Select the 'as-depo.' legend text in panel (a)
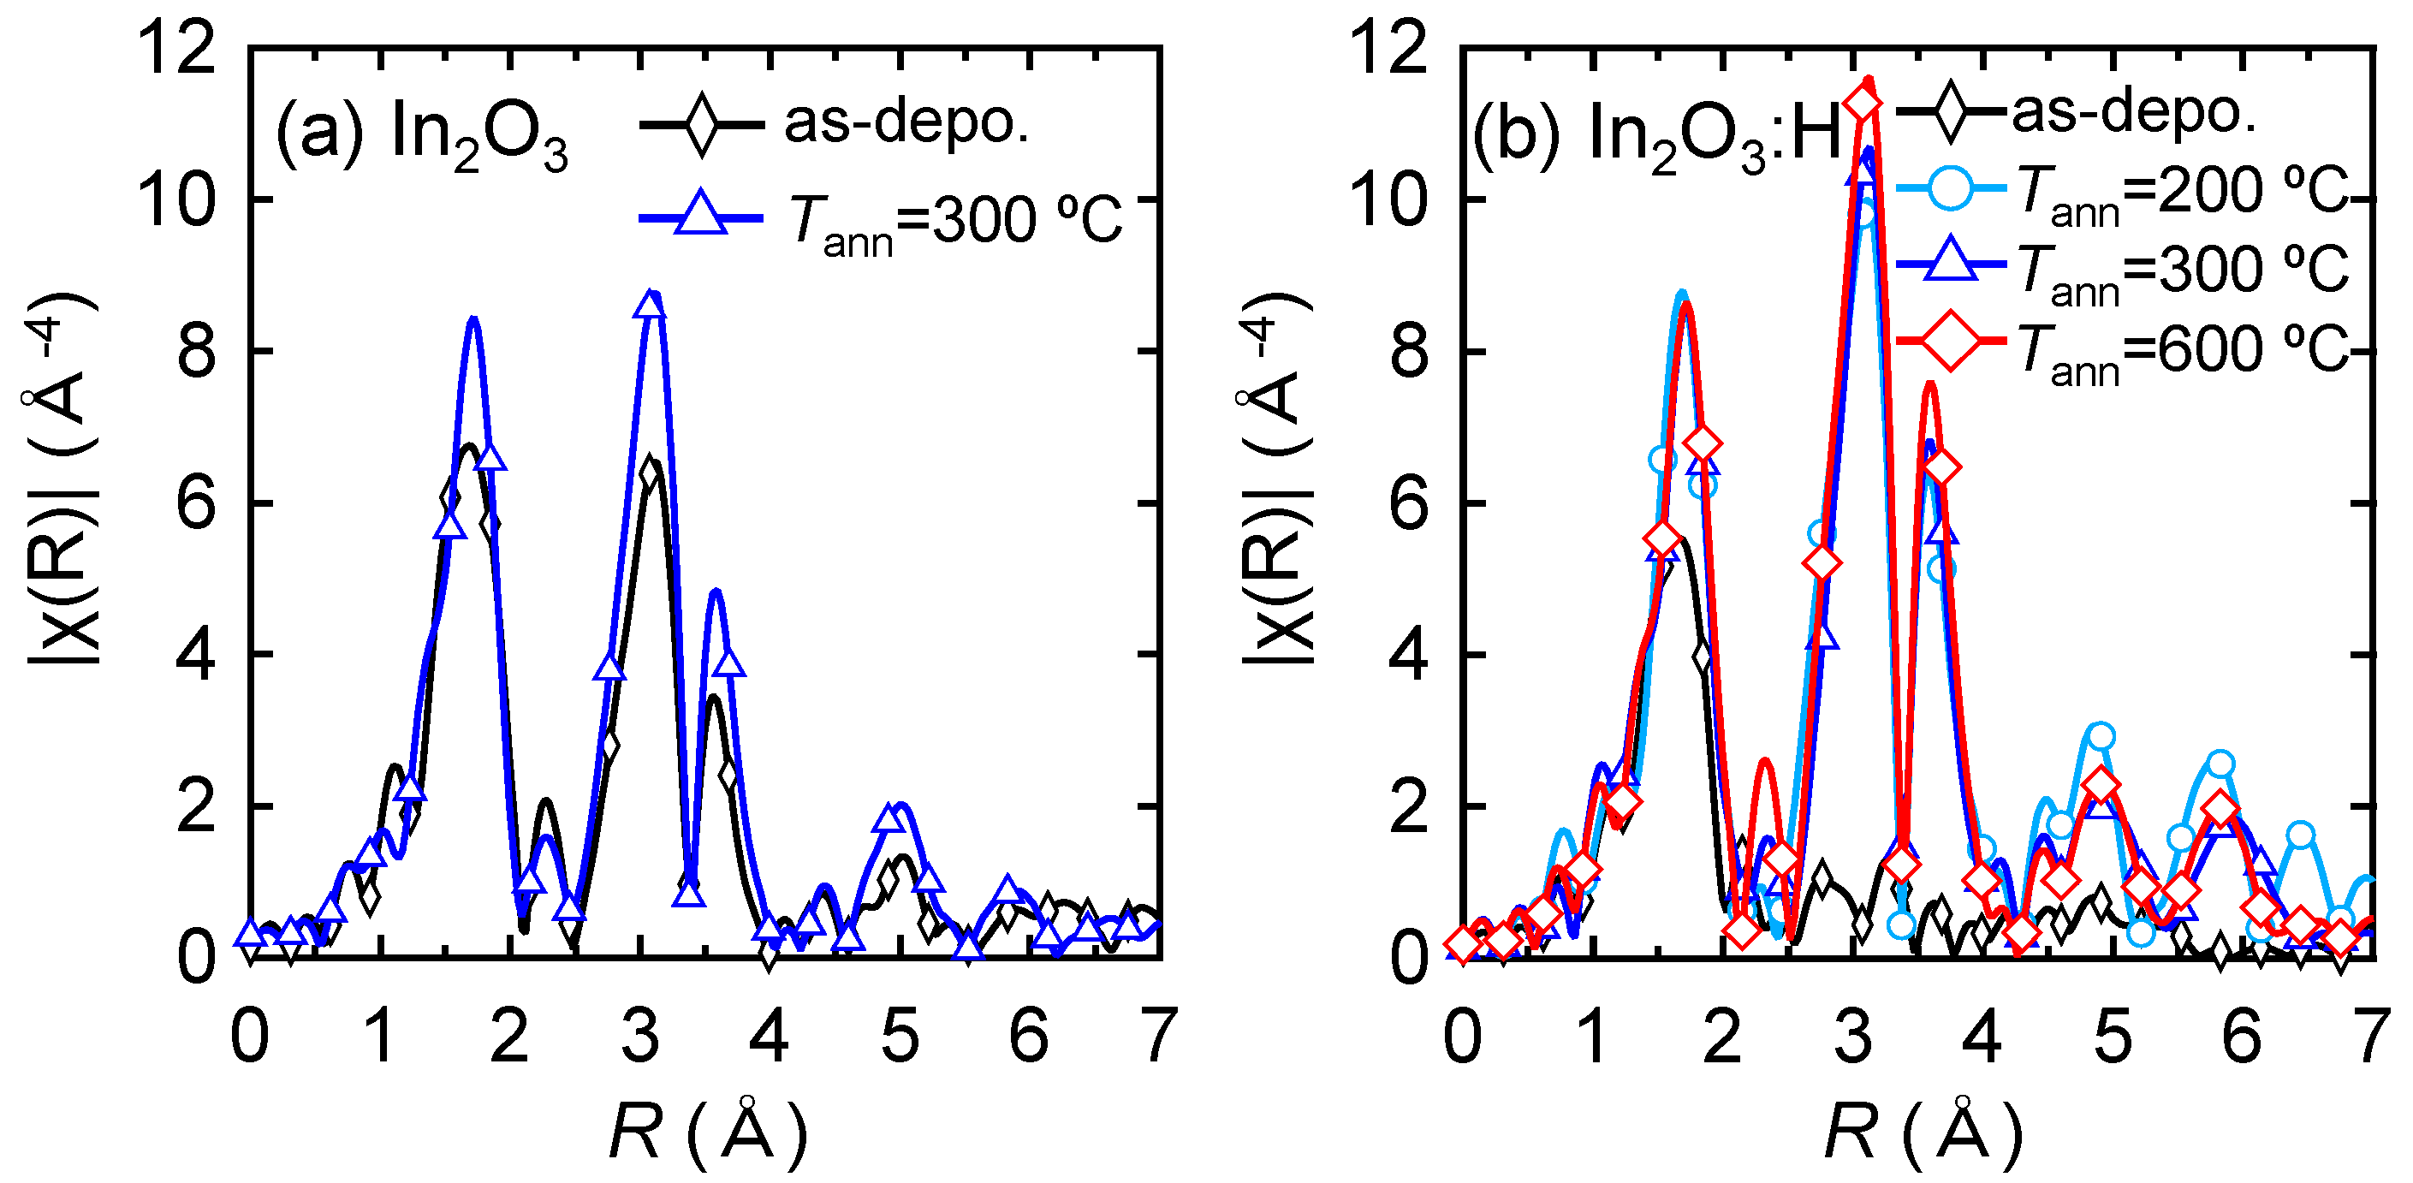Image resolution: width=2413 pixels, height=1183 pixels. click(x=906, y=122)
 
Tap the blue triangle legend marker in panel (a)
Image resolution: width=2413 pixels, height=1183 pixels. click(x=701, y=212)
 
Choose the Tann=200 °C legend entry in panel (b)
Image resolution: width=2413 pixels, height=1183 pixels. click(x=2182, y=193)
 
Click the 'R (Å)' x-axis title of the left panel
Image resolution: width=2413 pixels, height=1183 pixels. click(x=707, y=1132)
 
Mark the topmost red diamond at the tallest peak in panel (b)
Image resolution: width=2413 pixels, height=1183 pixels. click(x=1863, y=101)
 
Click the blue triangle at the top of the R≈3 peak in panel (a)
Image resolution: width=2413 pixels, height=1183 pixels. click(x=649, y=306)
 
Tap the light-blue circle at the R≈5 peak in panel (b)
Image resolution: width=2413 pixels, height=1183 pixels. click(x=2101, y=736)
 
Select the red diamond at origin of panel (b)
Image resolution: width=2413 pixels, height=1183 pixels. click(x=1464, y=946)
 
